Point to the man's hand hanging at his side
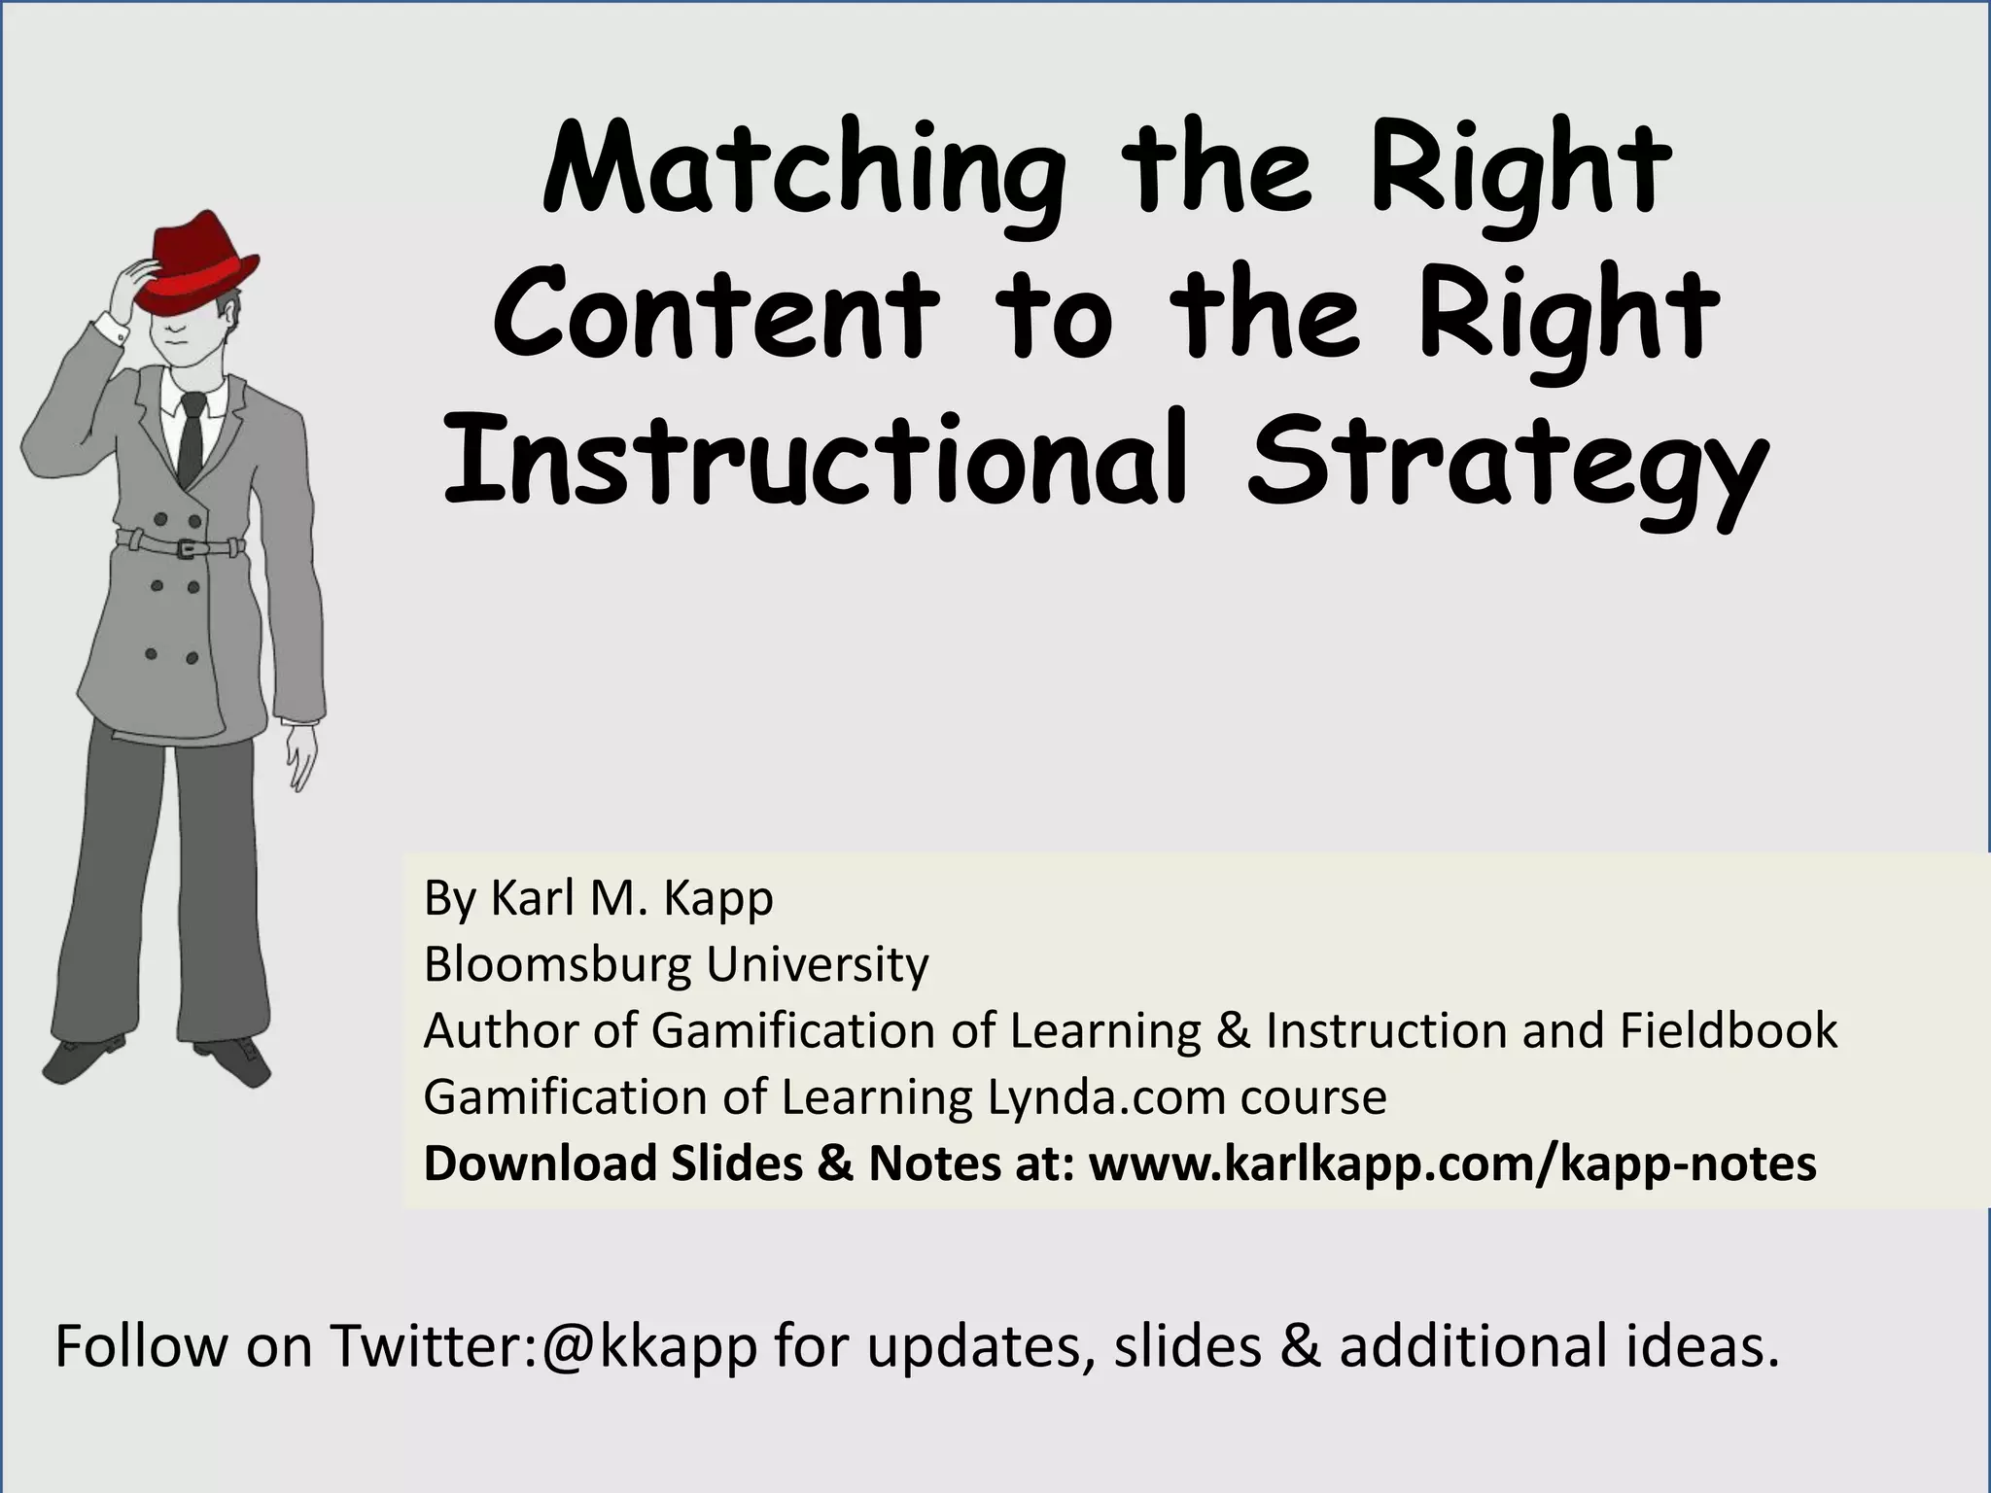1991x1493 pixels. pos(302,756)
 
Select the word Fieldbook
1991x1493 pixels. pos(1728,1030)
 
